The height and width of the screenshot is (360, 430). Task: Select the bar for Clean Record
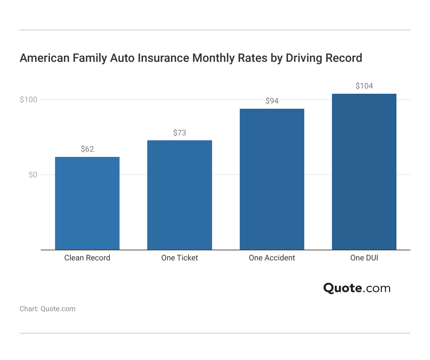(x=87, y=203)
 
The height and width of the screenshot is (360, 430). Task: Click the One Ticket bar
(x=179, y=195)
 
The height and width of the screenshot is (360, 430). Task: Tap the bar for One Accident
(x=272, y=179)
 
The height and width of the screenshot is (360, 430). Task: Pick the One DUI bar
(x=364, y=172)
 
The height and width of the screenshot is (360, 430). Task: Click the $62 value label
(x=87, y=149)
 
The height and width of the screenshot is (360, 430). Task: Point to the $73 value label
(x=179, y=133)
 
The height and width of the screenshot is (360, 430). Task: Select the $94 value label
(x=272, y=101)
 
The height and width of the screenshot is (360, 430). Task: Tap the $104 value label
(x=364, y=86)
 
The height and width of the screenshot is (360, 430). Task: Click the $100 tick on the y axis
(x=29, y=100)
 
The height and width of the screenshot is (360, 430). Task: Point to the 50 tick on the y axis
(x=33, y=175)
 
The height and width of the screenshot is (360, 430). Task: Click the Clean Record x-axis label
(x=87, y=258)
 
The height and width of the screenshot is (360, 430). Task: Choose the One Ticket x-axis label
(x=179, y=258)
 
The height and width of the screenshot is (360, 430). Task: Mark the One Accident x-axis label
(x=272, y=258)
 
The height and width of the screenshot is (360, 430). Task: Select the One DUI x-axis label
(x=364, y=258)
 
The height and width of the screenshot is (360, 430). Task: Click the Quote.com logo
(x=357, y=288)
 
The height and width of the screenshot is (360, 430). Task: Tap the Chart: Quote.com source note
(x=48, y=309)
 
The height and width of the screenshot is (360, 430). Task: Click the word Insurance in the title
(x=163, y=58)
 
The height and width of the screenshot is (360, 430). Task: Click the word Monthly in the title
(x=214, y=58)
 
